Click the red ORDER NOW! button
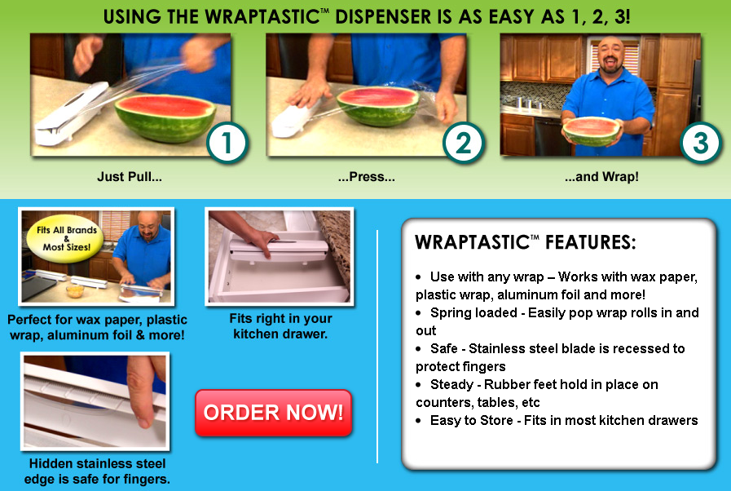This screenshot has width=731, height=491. coord(273,413)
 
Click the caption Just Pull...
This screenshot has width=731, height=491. coord(130,176)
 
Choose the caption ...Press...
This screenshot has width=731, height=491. coord(366,176)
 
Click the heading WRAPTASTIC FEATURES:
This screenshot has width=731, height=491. coord(526,243)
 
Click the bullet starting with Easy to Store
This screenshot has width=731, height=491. coord(564,420)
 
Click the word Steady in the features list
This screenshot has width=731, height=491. coord(451,384)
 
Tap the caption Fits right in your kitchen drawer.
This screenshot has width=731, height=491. coord(281,325)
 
